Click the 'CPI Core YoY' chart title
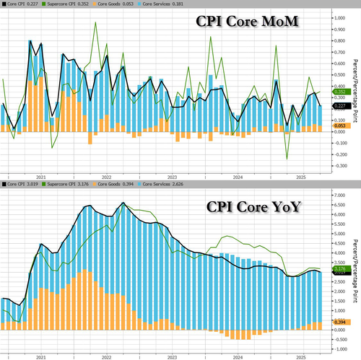tap(250, 207)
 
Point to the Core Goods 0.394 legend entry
tap(116, 185)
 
